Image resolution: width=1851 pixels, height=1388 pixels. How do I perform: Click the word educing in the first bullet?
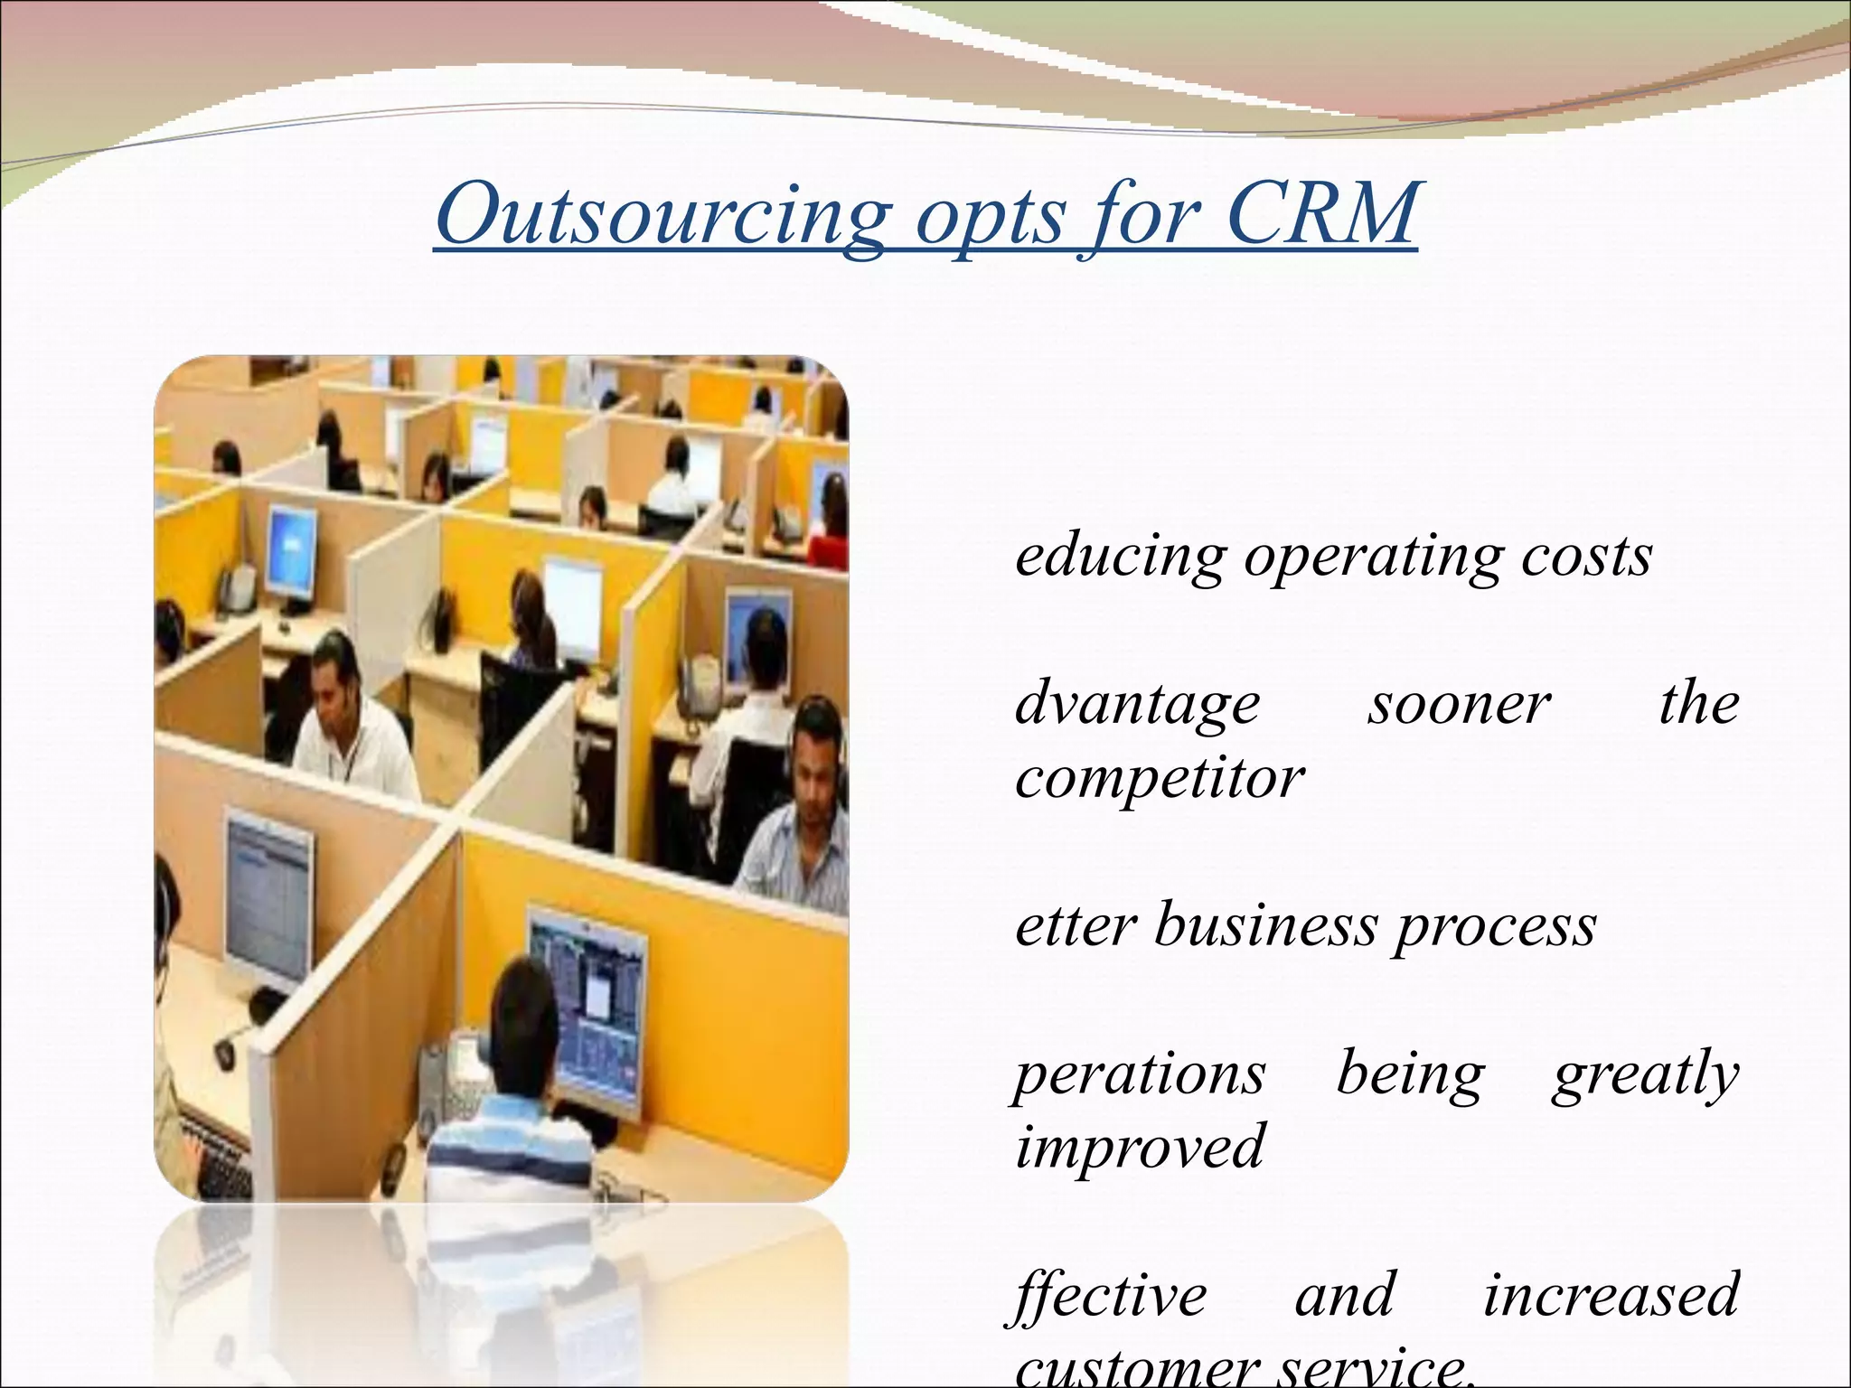point(1120,558)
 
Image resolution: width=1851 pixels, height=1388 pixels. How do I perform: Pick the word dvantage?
point(1137,705)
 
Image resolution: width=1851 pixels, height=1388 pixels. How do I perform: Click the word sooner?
point(1458,705)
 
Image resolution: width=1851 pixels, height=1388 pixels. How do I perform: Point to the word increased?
point(1611,1295)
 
